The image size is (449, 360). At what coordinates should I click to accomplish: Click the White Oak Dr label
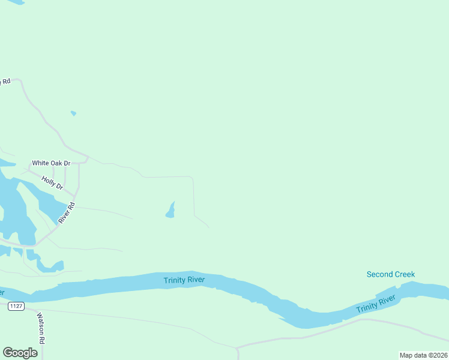tap(51, 163)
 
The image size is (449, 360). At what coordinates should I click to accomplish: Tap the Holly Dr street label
tap(52, 182)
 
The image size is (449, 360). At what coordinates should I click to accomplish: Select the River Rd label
tap(67, 213)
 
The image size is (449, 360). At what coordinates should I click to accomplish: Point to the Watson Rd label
tap(41, 328)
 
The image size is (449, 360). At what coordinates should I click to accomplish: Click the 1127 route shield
tap(16, 307)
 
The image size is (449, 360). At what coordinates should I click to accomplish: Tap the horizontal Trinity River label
tap(184, 280)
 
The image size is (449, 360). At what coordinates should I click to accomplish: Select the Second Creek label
tap(391, 275)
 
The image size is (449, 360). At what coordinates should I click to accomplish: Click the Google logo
tap(20, 353)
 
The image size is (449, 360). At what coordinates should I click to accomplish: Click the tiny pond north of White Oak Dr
tap(73, 113)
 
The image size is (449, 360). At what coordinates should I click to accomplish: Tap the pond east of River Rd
tap(170, 211)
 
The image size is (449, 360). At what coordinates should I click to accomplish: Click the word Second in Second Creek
tap(379, 275)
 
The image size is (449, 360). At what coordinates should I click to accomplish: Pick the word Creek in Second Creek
tap(404, 275)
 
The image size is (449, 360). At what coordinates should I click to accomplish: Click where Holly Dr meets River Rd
tap(76, 196)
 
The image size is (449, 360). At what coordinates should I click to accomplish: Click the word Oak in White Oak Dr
tap(58, 163)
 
